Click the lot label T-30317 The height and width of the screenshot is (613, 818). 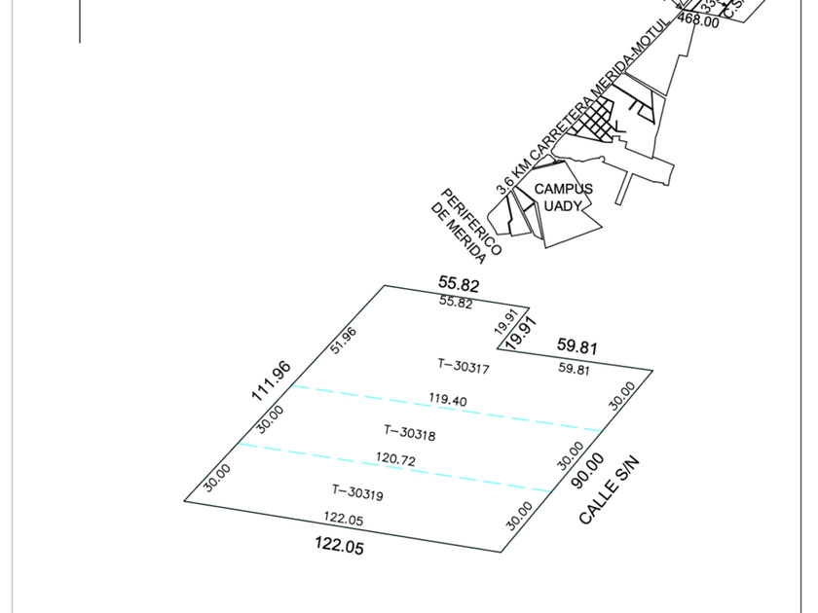coord(464,367)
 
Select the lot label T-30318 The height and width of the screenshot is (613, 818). coord(410,432)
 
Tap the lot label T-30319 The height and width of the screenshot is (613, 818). coord(357,493)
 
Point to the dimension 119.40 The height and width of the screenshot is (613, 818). coord(448,401)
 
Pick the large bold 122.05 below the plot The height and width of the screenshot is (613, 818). coord(339,547)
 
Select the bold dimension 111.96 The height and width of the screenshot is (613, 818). coord(271,380)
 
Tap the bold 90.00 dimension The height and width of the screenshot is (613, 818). coord(592,470)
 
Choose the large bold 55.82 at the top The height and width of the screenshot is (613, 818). coord(459,284)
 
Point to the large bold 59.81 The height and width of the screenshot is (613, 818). coord(576,346)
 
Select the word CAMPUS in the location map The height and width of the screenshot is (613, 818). coord(563,189)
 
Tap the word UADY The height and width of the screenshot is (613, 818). coord(563,206)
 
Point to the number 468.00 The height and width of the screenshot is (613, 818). coord(698,19)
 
